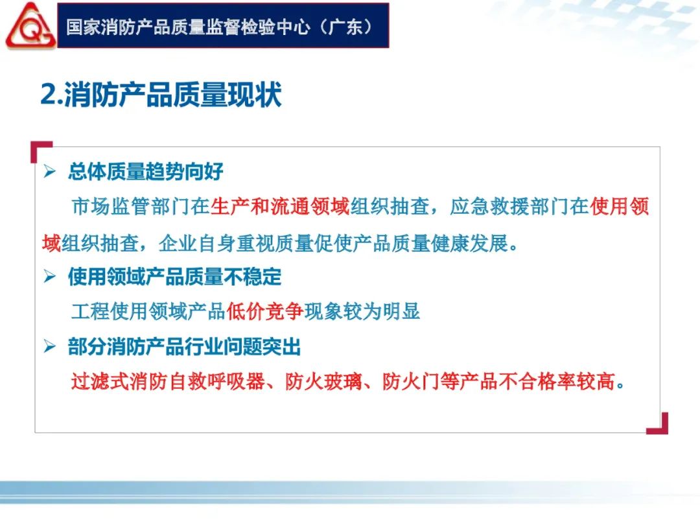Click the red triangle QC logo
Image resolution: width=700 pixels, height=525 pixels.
pos(30,26)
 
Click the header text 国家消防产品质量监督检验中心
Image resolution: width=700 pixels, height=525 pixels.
pos(188,27)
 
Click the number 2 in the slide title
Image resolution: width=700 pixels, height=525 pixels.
pos(48,94)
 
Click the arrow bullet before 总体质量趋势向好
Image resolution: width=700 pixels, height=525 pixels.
pos(49,171)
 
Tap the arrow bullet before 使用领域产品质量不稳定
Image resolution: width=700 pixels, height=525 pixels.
pos(49,276)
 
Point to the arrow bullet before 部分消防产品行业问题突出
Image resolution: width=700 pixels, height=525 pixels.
pos(49,346)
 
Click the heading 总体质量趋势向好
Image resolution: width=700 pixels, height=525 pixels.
pos(146,171)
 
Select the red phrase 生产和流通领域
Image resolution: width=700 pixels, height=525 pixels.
pos(279,207)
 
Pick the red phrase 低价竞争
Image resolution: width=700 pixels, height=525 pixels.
pos(265,311)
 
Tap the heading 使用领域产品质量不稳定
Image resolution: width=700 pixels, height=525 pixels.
pos(174,277)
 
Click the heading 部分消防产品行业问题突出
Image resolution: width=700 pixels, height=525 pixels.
pos(184,346)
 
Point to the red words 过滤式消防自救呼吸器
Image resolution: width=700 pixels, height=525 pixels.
pos(168,382)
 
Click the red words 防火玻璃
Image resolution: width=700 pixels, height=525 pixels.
pos(323,382)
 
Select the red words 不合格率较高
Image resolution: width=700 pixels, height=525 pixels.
pos(557,382)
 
